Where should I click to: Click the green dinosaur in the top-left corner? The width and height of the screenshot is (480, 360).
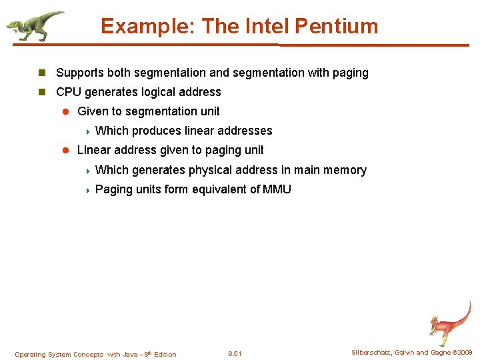[x=33, y=25]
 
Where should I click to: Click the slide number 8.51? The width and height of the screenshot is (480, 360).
[x=235, y=354]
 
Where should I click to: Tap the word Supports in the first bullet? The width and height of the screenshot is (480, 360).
[x=78, y=73]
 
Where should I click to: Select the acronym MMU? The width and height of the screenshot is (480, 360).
[x=277, y=189]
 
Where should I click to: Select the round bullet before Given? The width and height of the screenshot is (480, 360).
[x=65, y=111]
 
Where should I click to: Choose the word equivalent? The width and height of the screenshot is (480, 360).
[x=221, y=189]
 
